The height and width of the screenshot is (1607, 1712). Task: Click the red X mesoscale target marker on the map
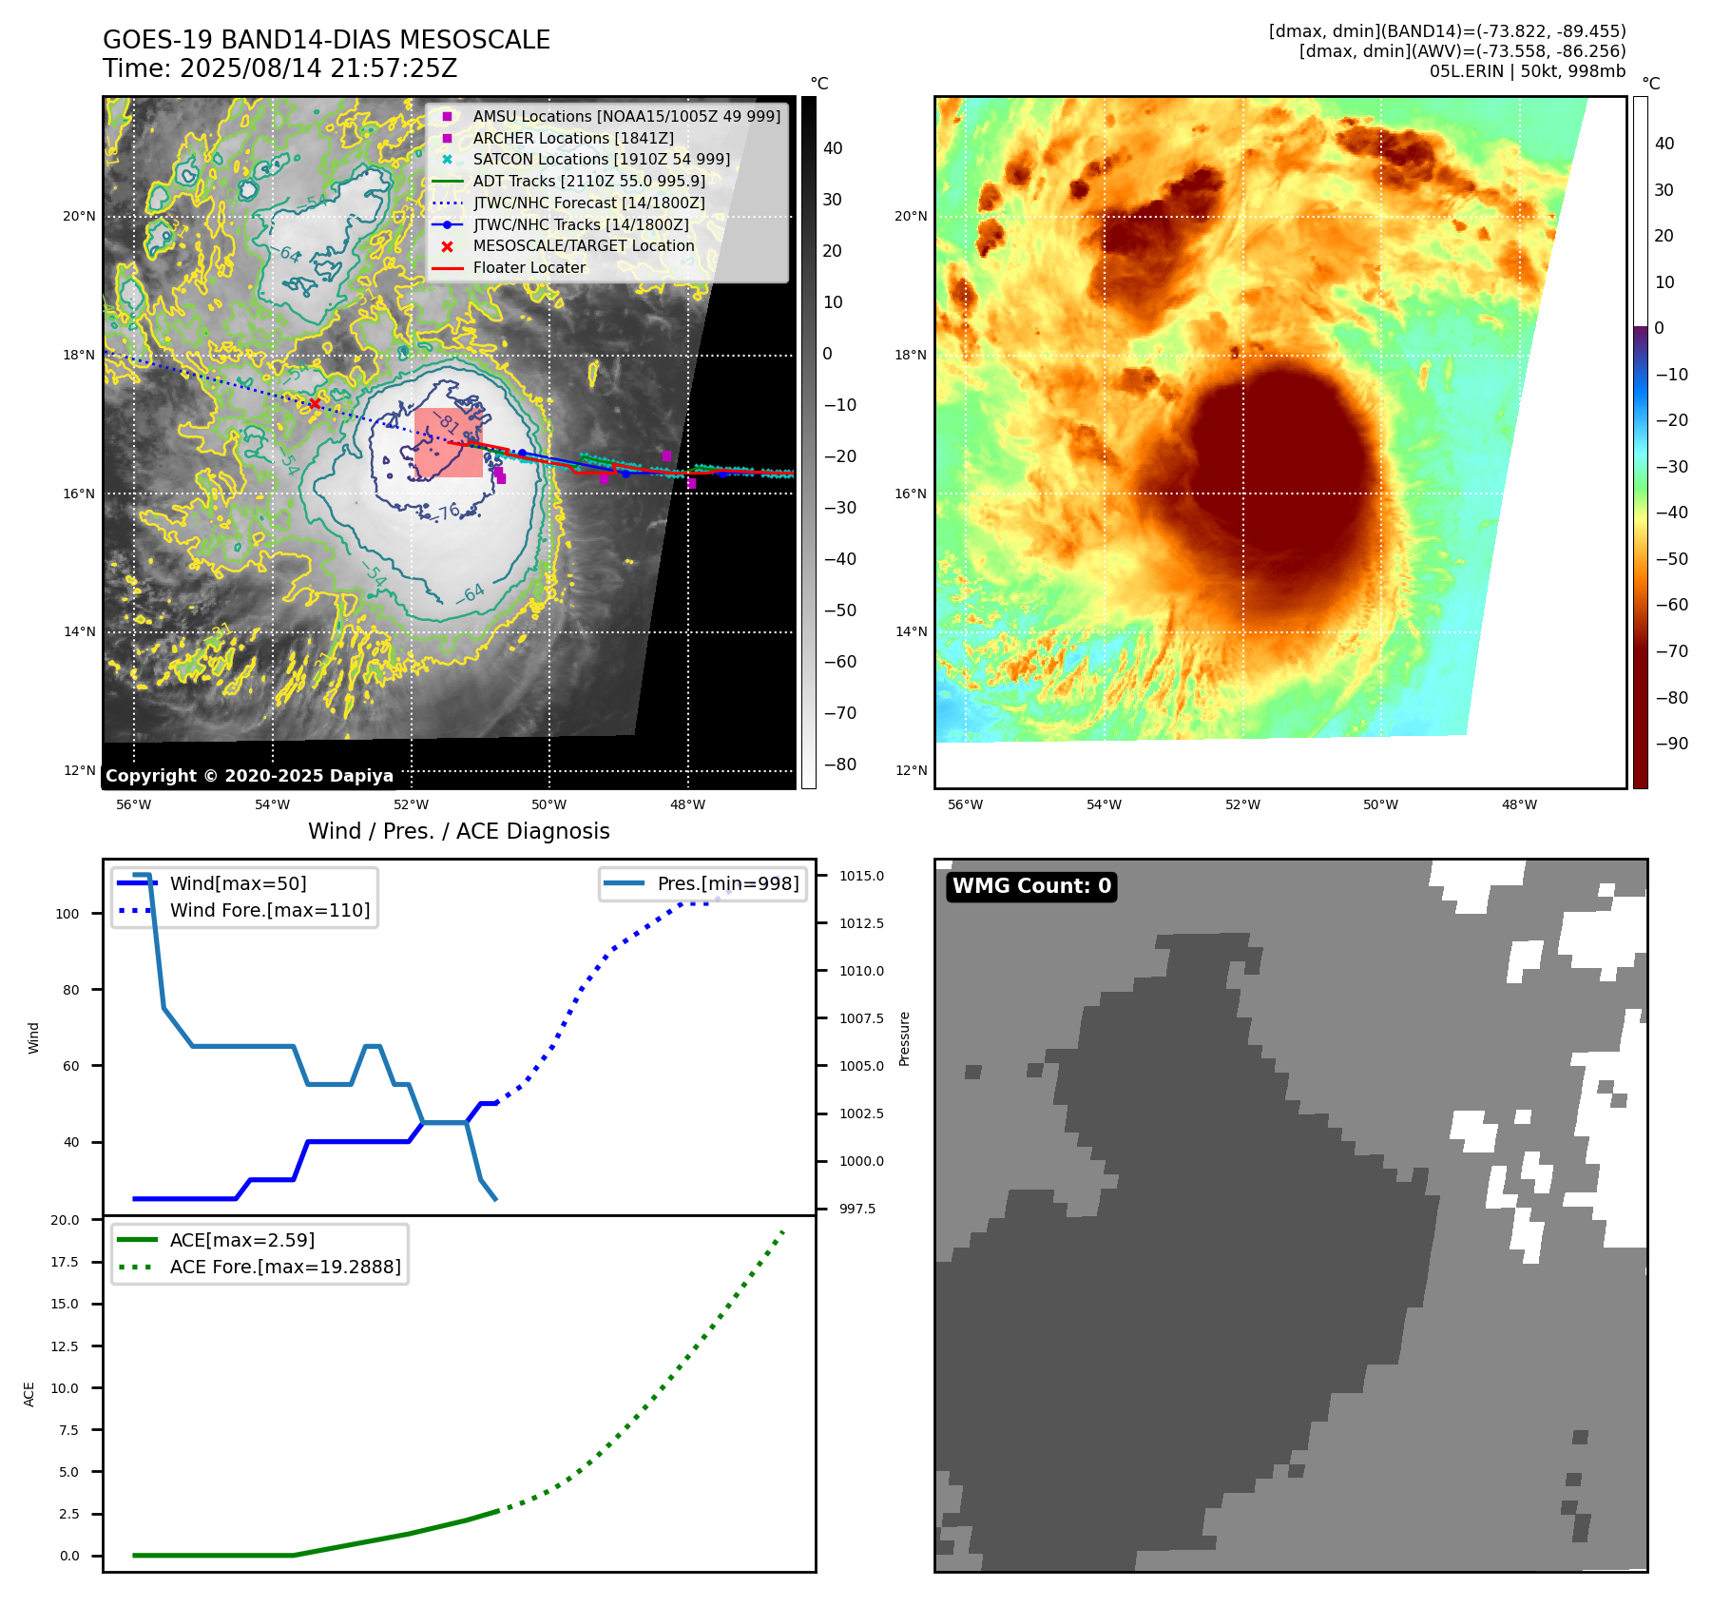coord(315,404)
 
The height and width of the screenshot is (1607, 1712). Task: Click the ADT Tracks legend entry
coord(588,181)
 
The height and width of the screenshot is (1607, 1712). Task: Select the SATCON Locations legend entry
coord(601,159)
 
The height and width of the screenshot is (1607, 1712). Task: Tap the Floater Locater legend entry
coord(529,267)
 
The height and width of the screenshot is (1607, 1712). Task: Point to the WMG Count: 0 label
coord(1031,886)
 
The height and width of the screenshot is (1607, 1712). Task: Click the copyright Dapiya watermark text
coord(249,776)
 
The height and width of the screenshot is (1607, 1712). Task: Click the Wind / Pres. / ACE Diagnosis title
coord(458,831)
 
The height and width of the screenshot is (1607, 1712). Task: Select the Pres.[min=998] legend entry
coord(727,883)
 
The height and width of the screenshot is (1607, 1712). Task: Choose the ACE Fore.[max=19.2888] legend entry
coord(284,1267)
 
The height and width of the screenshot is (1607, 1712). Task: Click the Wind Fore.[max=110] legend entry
coord(269,910)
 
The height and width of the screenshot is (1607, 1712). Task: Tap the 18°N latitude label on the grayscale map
coord(79,355)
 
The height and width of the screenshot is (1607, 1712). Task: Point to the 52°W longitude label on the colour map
coord(1242,804)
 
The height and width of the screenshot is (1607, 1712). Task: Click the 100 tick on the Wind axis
coord(67,914)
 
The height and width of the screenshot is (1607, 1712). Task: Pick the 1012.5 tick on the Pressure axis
coord(861,923)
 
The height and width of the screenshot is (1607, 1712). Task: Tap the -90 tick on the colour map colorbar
coord(1671,744)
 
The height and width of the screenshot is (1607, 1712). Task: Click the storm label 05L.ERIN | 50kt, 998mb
coord(1527,71)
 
